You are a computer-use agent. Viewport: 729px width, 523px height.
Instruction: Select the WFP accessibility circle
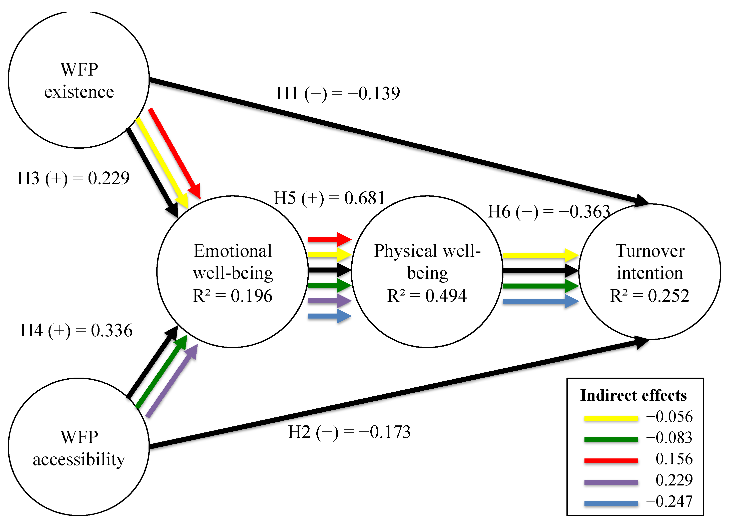(79, 447)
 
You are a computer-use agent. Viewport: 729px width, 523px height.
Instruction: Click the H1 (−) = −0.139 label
(338, 94)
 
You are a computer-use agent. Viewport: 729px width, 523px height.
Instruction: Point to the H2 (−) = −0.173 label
(349, 432)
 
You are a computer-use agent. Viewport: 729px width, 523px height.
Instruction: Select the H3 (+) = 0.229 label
(73, 178)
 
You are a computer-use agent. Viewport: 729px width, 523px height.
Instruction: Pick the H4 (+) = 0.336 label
(77, 330)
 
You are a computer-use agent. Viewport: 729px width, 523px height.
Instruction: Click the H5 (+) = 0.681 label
(329, 198)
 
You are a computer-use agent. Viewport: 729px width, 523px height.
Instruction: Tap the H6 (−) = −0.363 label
(549, 212)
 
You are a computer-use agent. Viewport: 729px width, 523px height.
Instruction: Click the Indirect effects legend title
(633, 395)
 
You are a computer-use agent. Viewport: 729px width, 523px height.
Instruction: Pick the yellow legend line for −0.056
(611, 418)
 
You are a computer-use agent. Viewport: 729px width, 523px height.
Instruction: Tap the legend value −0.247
(669, 501)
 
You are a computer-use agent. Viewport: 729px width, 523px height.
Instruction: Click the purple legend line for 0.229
(611, 482)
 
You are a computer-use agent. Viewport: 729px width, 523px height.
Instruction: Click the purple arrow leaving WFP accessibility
(172, 381)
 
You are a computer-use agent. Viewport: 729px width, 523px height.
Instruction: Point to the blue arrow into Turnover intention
(540, 301)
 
